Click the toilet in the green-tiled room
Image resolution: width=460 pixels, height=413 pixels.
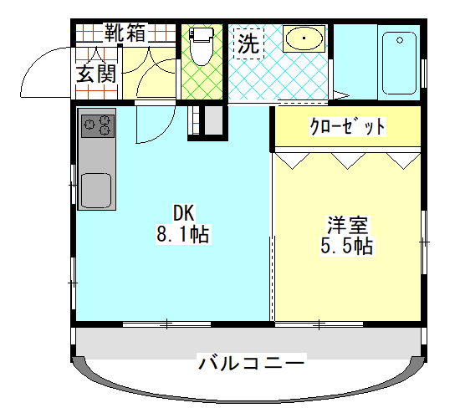pyautogui.click(x=201, y=46)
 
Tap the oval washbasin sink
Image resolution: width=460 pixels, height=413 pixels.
pyautogui.click(x=304, y=38)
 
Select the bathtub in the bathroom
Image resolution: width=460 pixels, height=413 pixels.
pyautogui.click(x=399, y=63)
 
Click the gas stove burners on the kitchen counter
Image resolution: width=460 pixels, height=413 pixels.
pyautogui.click(x=97, y=126)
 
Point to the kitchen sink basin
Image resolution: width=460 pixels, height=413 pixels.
pyautogui.click(x=96, y=191)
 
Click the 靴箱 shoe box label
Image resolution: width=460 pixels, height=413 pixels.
pyautogui.click(x=125, y=33)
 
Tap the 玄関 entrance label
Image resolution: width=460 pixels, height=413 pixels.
pyautogui.click(x=96, y=74)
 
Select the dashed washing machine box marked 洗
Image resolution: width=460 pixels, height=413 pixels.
pyautogui.click(x=248, y=43)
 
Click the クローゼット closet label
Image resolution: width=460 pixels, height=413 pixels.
pyautogui.click(x=348, y=127)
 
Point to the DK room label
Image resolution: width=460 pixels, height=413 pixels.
pyautogui.click(x=184, y=213)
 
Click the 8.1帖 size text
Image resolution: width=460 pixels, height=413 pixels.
pyautogui.click(x=183, y=234)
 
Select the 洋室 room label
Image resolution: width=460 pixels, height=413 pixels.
pyautogui.click(x=348, y=225)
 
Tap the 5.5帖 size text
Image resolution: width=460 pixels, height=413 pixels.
pyautogui.click(x=347, y=245)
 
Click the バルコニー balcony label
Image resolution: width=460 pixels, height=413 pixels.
pyautogui.click(x=252, y=363)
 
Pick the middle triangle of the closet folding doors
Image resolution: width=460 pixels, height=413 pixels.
pyautogui.click(x=348, y=161)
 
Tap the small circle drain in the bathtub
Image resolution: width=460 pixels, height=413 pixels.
pyautogui.click(x=400, y=40)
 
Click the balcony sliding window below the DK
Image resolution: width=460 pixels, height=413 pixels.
pyautogui.click(x=166, y=324)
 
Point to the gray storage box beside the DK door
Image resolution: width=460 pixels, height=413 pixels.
pyautogui.click(x=213, y=120)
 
